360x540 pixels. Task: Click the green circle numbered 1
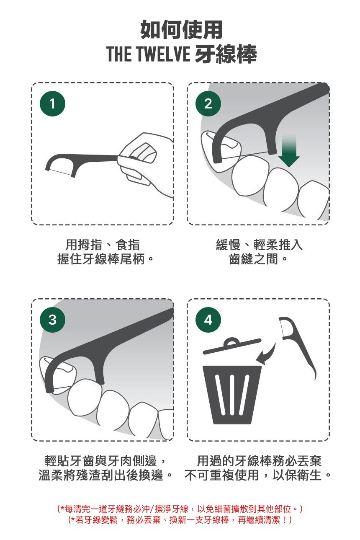(x=52, y=104)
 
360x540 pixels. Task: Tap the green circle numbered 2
(x=208, y=104)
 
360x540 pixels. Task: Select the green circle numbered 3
(x=52, y=320)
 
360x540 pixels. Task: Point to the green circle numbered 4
(x=208, y=320)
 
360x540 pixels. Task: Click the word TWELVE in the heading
(x=164, y=54)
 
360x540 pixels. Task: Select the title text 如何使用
(x=181, y=30)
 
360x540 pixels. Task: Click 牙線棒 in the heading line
(x=226, y=54)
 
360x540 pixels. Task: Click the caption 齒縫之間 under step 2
(x=253, y=259)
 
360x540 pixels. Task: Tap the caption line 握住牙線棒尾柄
(x=101, y=259)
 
